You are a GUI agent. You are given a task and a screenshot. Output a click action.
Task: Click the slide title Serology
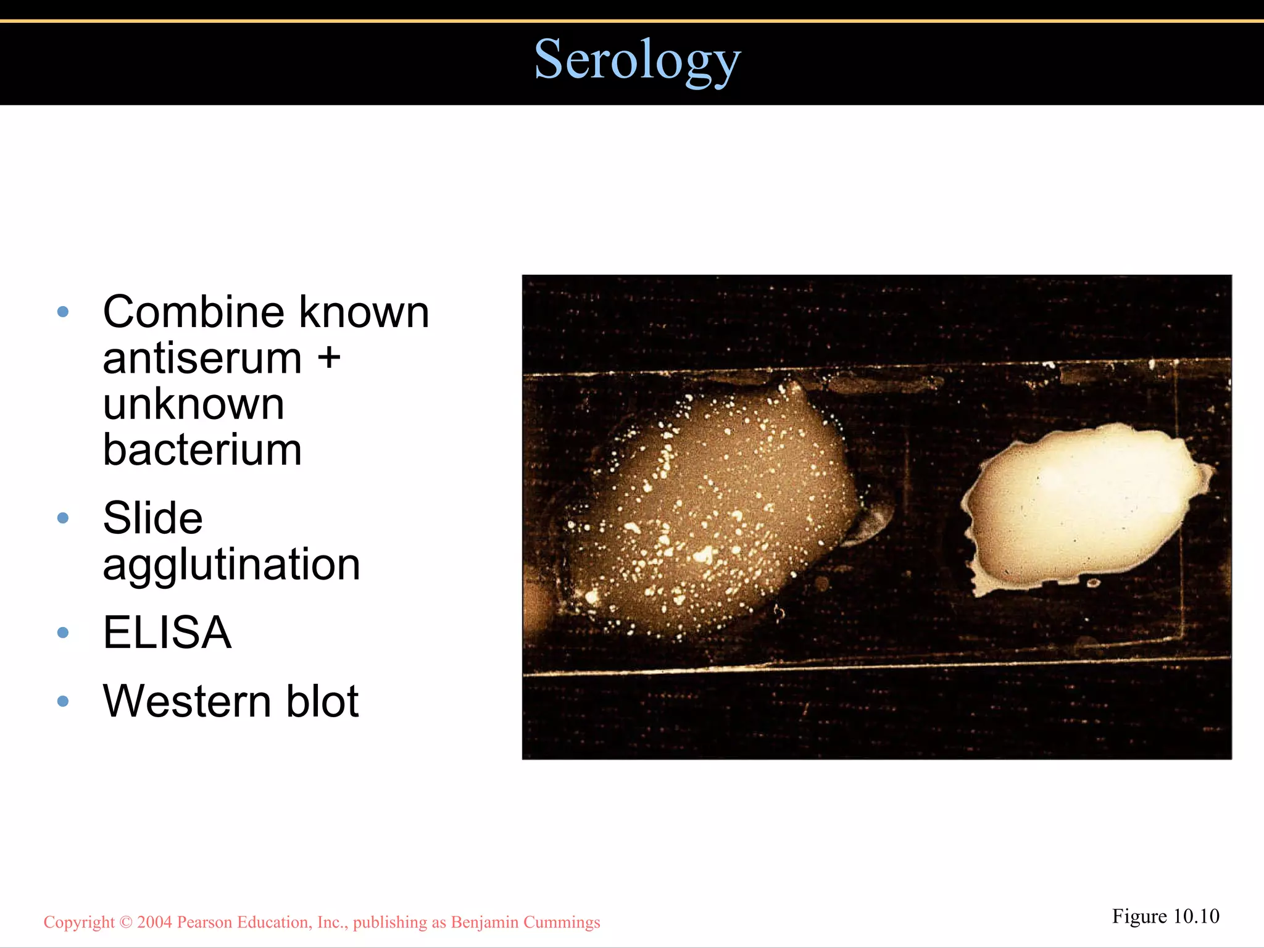(x=636, y=60)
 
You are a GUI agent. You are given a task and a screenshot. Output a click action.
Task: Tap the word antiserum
(x=202, y=359)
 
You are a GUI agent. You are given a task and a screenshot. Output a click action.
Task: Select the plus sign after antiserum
(x=329, y=357)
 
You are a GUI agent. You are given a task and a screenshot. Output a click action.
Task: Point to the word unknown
(x=193, y=404)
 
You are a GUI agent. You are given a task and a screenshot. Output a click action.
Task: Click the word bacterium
(x=202, y=450)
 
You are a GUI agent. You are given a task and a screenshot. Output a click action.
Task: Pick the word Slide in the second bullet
(x=152, y=518)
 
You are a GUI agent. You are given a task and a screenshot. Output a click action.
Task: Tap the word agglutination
(x=231, y=565)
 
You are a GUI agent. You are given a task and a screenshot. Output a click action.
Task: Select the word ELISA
(x=167, y=633)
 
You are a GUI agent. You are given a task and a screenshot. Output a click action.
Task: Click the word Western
(x=187, y=702)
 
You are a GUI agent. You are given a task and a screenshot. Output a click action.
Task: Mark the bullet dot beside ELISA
(x=62, y=633)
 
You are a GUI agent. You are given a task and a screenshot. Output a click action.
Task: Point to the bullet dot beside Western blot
(x=62, y=701)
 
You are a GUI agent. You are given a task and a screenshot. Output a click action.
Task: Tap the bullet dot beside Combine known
(x=62, y=312)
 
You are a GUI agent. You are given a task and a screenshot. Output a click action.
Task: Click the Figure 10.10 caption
(x=1165, y=917)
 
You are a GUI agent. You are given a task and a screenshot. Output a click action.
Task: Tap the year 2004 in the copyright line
(x=154, y=922)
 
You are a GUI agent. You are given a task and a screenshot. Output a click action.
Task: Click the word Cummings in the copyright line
(x=561, y=922)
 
